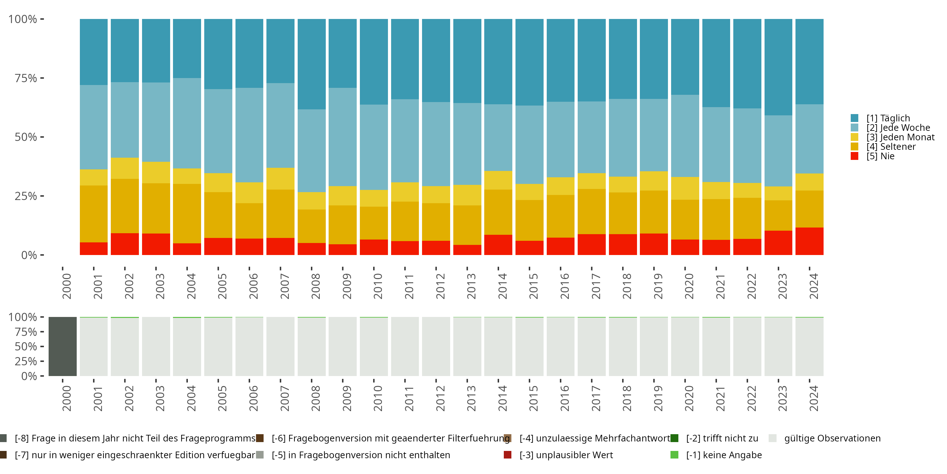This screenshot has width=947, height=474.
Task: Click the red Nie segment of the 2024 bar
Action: coord(809,241)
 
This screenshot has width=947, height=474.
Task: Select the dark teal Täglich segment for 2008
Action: coord(311,64)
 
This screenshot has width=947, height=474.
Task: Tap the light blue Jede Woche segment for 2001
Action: coord(94,127)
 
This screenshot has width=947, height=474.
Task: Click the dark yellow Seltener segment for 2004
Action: coord(187,213)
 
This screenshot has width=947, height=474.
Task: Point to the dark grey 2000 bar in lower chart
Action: coord(63,346)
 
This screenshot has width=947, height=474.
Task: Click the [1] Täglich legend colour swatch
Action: coord(855,118)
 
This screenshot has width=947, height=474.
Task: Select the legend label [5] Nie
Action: coord(880,156)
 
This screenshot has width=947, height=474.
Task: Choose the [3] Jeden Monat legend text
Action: coord(900,137)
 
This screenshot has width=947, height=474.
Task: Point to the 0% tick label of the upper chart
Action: coord(29,255)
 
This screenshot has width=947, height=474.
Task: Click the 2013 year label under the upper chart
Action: coord(471,286)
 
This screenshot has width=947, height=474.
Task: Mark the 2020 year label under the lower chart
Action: coord(689,398)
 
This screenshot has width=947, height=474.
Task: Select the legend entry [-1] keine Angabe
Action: coord(724,455)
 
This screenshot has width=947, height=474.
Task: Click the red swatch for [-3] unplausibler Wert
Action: coord(508,455)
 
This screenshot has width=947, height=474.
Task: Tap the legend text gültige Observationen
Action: coord(832,438)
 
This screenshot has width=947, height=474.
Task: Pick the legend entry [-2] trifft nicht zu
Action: coord(722,438)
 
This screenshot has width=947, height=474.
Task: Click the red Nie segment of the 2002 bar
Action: coord(125,244)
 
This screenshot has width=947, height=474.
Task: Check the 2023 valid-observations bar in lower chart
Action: coord(778,346)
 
